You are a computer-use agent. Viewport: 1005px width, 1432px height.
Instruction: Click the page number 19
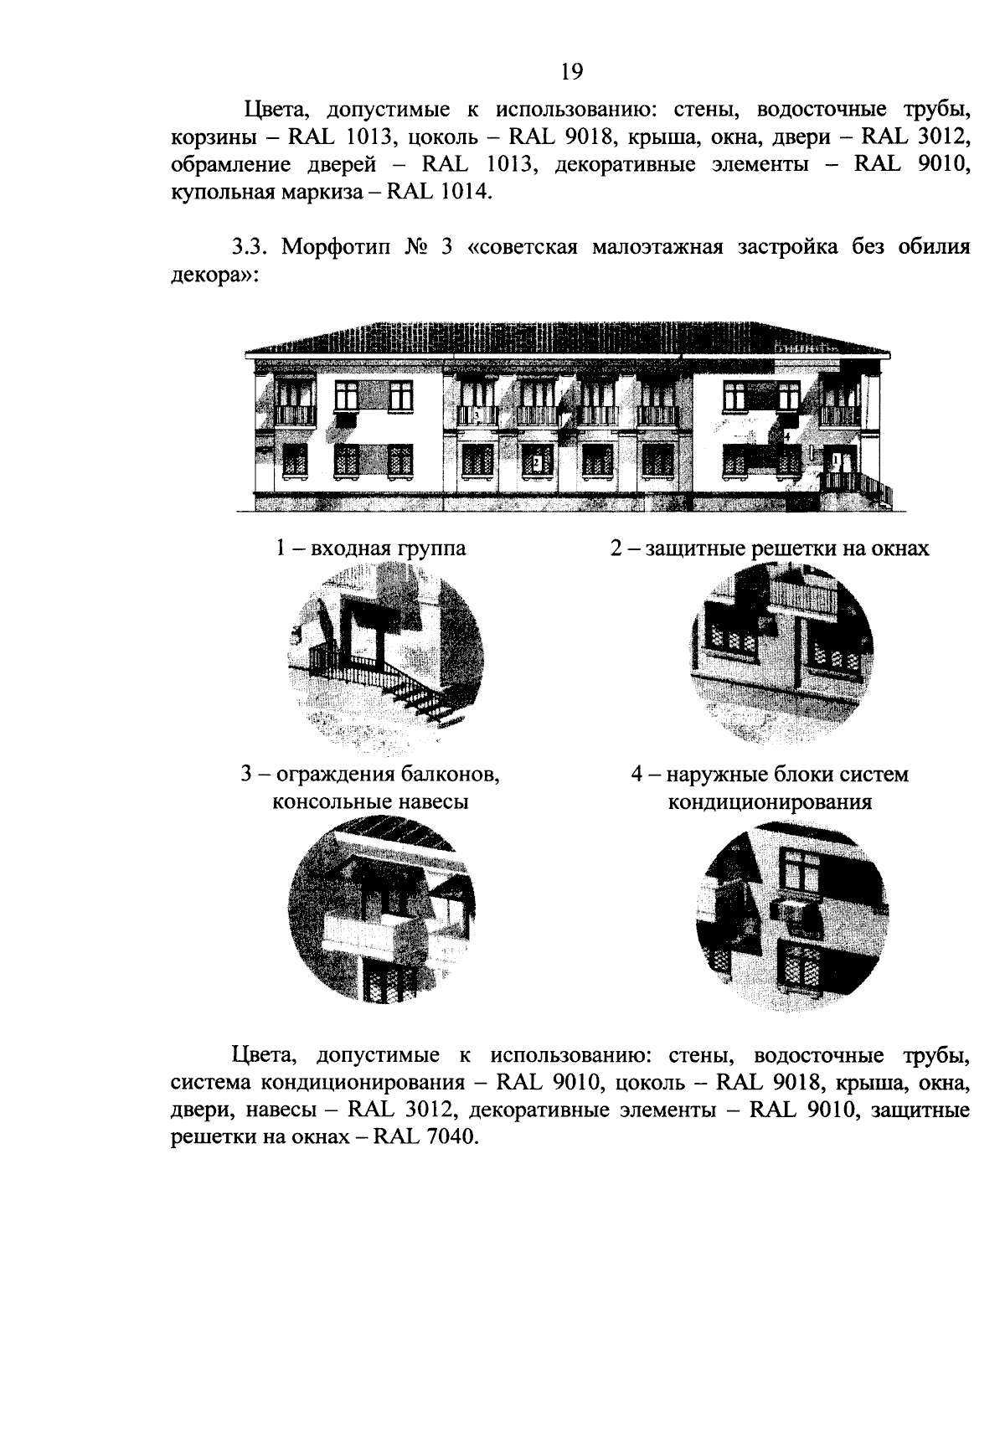coord(571,72)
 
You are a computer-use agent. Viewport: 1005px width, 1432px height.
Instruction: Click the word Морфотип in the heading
coord(337,248)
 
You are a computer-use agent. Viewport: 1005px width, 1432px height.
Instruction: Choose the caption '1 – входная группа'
coord(371,549)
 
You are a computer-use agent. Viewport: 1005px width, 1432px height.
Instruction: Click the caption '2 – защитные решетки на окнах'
coord(769,549)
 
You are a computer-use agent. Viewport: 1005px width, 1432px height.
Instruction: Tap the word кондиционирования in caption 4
coord(769,802)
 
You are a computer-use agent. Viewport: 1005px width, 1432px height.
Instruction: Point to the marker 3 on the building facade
coord(476,415)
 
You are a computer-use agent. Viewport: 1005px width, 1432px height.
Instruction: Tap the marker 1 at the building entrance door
coord(836,460)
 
